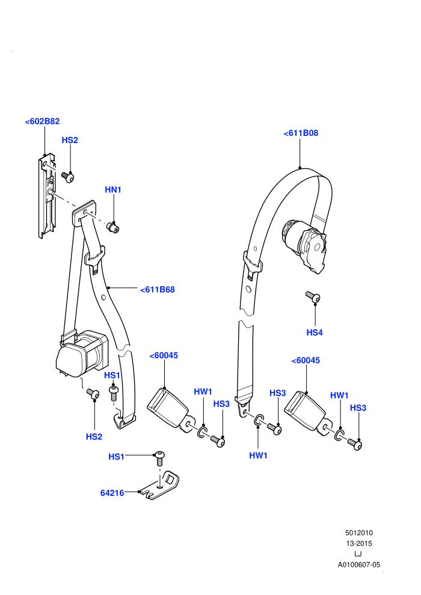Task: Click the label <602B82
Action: click(x=43, y=121)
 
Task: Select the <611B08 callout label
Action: click(x=301, y=133)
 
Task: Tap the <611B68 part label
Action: click(x=158, y=290)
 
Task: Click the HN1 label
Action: click(x=113, y=190)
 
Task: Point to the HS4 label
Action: click(x=315, y=333)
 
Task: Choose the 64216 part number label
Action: click(x=112, y=493)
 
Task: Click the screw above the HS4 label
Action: click(x=313, y=296)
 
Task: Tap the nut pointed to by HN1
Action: click(x=112, y=228)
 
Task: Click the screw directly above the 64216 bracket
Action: click(x=160, y=458)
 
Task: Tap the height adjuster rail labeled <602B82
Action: click(x=47, y=196)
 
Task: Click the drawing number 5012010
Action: click(x=359, y=532)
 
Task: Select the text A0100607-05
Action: click(x=359, y=564)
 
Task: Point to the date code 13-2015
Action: click(x=359, y=543)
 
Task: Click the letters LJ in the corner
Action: click(x=358, y=554)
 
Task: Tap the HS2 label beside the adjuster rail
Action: click(x=70, y=141)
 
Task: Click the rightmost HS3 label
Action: click(x=358, y=408)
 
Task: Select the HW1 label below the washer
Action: click(x=258, y=456)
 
